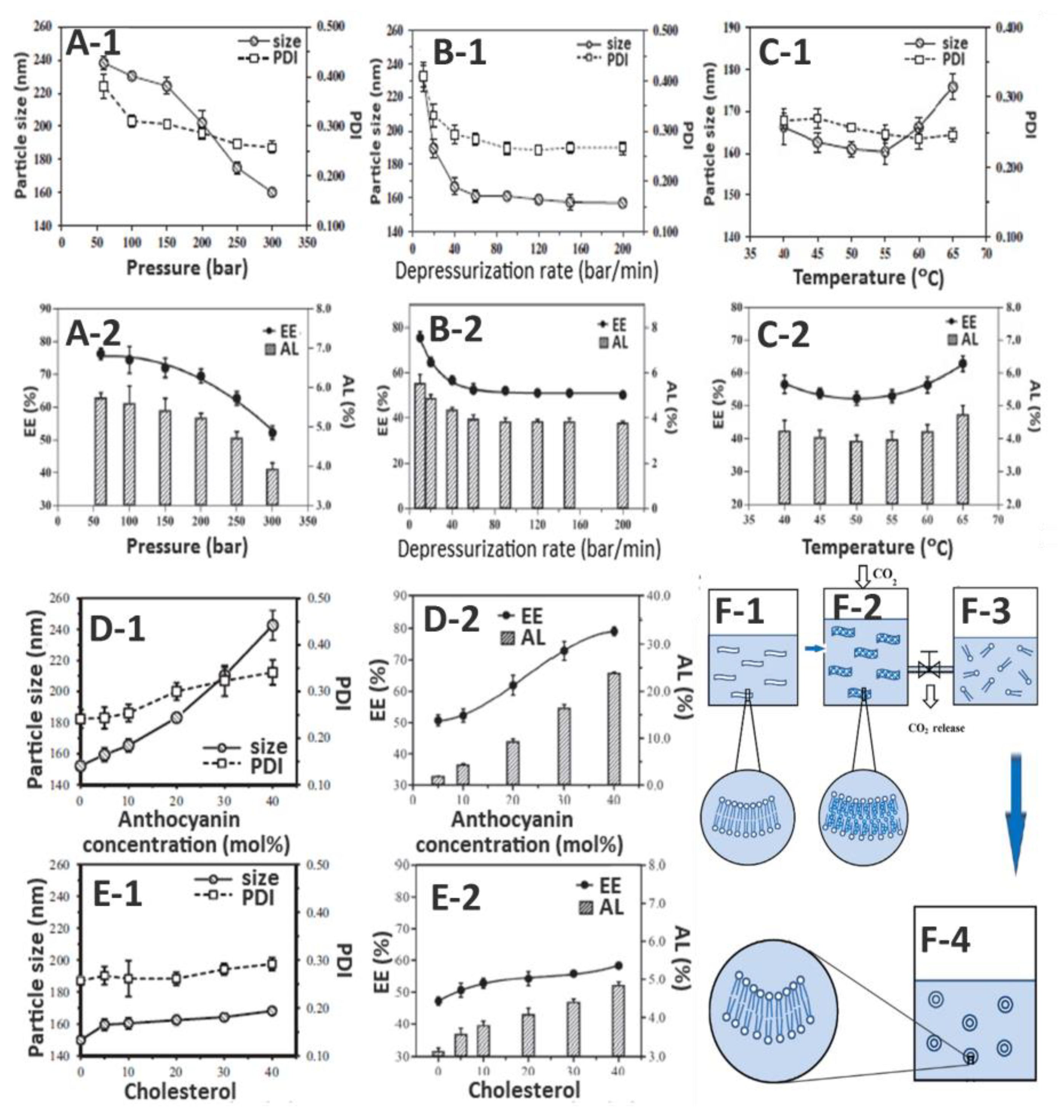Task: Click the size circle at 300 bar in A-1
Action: (272, 192)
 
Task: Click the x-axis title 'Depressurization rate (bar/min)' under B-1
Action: (526, 272)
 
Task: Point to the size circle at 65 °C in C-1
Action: (953, 87)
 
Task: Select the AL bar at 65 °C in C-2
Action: (962, 458)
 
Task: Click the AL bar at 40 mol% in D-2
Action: (614, 728)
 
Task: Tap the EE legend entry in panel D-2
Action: (520, 617)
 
